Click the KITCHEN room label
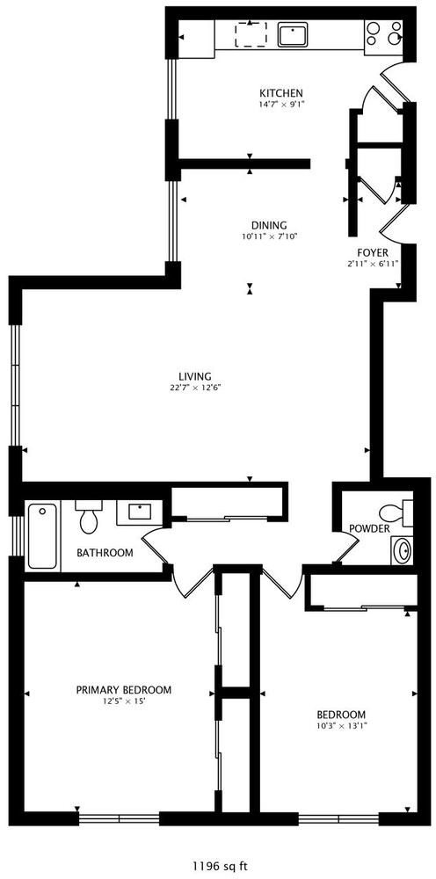pyautogui.click(x=280, y=93)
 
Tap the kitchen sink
pyautogui.click(x=293, y=35)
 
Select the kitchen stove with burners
pyautogui.click(x=383, y=33)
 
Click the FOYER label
pyautogui.click(x=373, y=253)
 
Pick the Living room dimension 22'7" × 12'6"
pyautogui.click(x=194, y=387)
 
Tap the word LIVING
pyautogui.click(x=194, y=376)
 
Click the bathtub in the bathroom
pyautogui.click(x=42, y=536)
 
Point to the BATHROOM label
pyautogui.click(x=105, y=553)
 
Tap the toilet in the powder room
pyautogui.click(x=396, y=512)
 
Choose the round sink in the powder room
pyautogui.click(x=402, y=550)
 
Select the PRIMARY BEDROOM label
pyautogui.click(x=124, y=689)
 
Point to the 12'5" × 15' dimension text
pyautogui.click(x=121, y=701)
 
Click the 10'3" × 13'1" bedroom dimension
pyautogui.click(x=341, y=725)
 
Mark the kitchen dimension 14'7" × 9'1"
pyautogui.click(x=280, y=104)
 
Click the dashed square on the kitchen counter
pyautogui.click(x=250, y=35)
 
